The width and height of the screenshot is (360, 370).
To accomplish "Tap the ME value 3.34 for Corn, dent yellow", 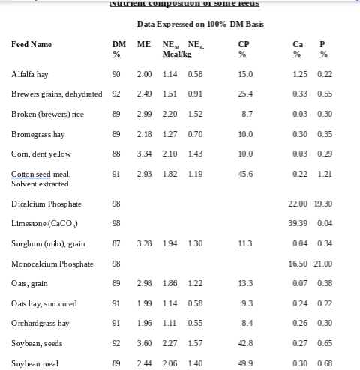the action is tap(144, 154).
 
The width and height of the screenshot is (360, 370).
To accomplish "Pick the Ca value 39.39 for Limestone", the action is tap(300, 224).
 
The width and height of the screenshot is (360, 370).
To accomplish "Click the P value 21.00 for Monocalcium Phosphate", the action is tap(324, 264).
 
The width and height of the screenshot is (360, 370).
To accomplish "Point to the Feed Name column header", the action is tap(31, 45).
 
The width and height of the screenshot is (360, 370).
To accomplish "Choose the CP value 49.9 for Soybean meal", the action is tap(244, 363).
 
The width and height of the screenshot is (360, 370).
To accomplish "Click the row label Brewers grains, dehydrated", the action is tap(56, 94).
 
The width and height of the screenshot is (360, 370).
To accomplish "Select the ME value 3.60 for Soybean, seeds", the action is tap(144, 343).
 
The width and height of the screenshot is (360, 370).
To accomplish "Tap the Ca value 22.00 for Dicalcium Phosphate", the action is tap(300, 204).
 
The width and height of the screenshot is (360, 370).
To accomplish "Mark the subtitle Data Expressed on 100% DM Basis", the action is tap(200, 25).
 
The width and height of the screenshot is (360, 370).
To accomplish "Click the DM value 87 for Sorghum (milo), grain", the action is tap(116, 243).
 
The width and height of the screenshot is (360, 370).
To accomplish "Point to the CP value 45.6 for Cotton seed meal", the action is tap(244, 174).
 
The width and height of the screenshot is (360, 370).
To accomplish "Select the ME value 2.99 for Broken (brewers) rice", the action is tap(144, 114).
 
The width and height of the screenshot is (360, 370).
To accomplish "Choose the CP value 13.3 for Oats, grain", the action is tap(244, 283).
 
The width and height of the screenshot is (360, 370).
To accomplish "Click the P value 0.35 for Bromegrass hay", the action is tap(325, 134).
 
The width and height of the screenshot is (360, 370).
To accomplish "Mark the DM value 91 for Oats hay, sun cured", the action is tap(116, 303).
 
